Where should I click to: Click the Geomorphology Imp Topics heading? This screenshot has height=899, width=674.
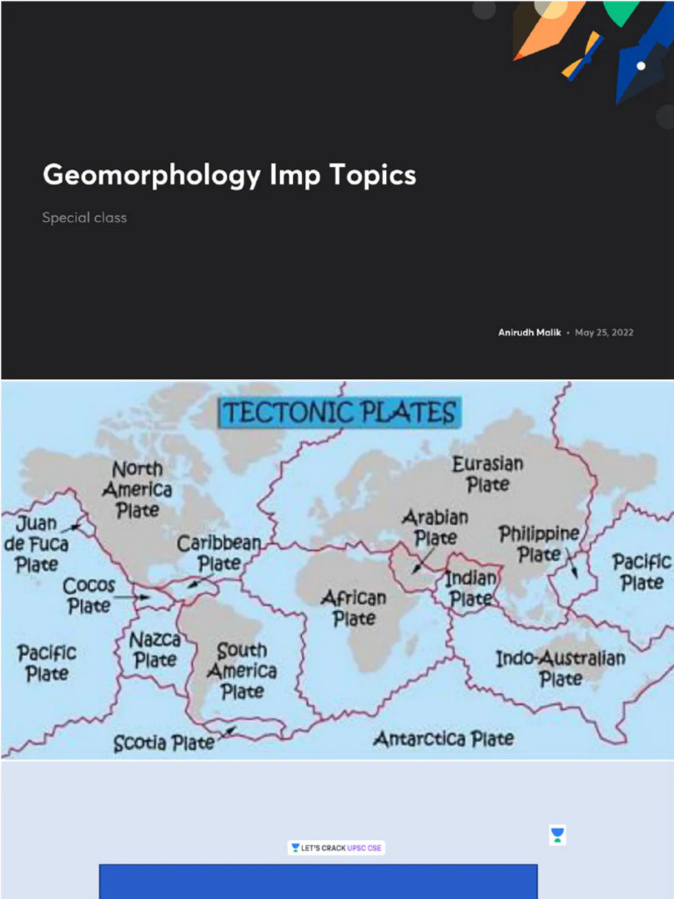click(x=229, y=175)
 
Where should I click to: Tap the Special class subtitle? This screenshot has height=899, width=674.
click(x=84, y=218)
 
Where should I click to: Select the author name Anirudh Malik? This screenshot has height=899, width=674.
click(x=529, y=333)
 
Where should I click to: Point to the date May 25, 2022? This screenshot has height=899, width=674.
click(x=604, y=333)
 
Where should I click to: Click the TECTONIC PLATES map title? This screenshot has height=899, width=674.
click(x=339, y=413)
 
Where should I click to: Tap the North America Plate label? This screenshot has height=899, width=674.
click(x=137, y=489)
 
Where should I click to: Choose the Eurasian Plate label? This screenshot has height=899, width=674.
click(x=488, y=473)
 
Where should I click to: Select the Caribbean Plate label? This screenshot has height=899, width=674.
click(x=219, y=553)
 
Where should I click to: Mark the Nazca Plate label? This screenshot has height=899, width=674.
click(x=155, y=649)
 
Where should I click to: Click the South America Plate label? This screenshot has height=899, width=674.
click(x=241, y=671)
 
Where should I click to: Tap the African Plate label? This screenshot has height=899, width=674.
click(x=354, y=608)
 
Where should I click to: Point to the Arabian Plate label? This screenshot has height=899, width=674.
click(x=435, y=527)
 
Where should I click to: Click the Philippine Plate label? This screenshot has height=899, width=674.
click(x=539, y=543)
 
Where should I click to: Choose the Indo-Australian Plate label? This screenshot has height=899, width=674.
click(x=561, y=668)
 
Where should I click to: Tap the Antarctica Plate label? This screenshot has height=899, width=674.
click(x=443, y=739)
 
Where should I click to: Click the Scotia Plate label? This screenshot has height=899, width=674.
click(x=164, y=744)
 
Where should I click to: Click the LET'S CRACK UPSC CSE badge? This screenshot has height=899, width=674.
click(x=337, y=849)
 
